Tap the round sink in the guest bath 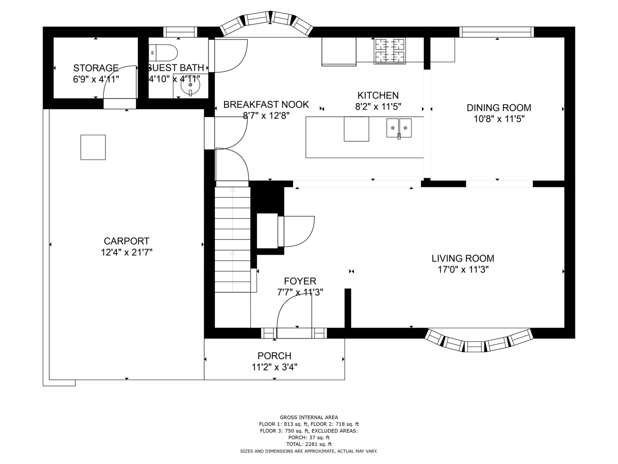point(190,85)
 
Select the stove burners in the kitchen point(389,51)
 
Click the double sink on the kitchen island point(399,128)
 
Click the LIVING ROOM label point(463,258)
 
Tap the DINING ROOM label point(499,108)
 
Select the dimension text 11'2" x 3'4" point(275,367)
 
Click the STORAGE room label point(96,68)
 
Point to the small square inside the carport point(93,147)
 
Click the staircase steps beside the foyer point(232,240)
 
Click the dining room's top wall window point(496,32)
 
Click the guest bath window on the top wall point(180,32)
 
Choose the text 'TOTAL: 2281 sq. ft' point(309,444)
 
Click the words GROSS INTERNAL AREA point(309,418)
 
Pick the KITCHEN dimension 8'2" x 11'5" point(378,106)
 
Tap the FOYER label point(300,281)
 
